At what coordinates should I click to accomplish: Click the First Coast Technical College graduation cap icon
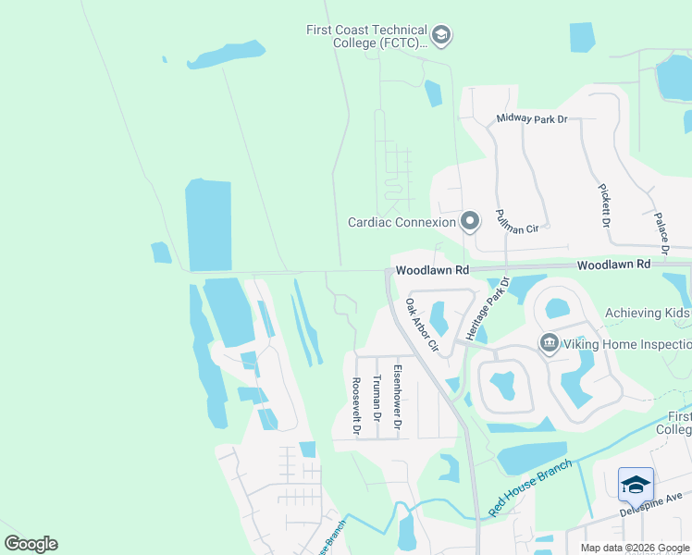(x=441, y=36)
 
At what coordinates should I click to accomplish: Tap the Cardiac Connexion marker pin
(x=470, y=221)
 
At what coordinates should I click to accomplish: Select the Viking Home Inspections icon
(x=550, y=344)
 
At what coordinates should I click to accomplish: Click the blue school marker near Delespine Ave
(x=636, y=485)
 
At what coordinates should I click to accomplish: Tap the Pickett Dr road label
(x=604, y=206)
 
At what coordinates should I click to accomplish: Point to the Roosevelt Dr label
(x=355, y=405)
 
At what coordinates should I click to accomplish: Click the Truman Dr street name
(x=377, y=398)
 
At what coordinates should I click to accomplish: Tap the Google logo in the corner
(x=31, y=544)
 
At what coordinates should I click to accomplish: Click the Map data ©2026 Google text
(x=634, y=548)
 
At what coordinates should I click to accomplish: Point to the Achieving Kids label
(x=648, y=314)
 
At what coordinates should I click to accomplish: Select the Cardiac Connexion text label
(x=402, y=222)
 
